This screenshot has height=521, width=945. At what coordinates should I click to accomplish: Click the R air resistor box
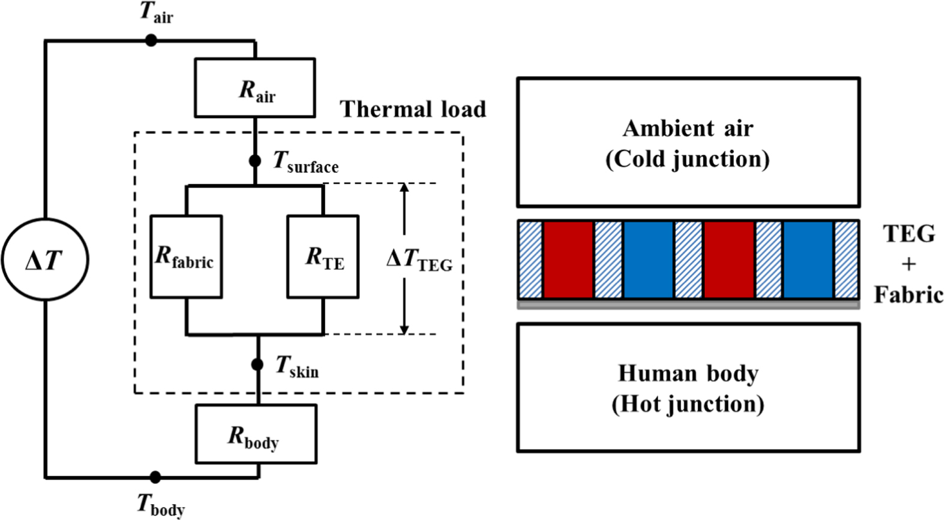pyautogui.click(x=254, y=88)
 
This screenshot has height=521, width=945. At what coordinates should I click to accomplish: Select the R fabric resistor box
pyautogui.click(x=186, y=257)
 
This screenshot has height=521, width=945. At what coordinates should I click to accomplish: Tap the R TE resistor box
pyautogui.click(x=323, y=257)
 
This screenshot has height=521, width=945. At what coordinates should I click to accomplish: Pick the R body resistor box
pyautogui.click(x=256, y=434)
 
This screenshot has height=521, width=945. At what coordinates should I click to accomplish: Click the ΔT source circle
pyautogui.click(x=45, y=260)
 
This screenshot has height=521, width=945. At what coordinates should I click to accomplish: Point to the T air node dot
pyautogui.click(x=151, y=40)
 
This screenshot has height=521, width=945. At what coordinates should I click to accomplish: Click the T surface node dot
pyautogui.click(x=255, y=161)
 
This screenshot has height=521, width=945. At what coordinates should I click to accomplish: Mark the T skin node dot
pyautogui.click(x=257, y=365)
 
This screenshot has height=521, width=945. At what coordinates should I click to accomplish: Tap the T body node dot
pyautogui.click(x=155, y=477)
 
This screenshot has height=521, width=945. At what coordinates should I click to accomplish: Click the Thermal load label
pyautogui.click(x=413, y=109)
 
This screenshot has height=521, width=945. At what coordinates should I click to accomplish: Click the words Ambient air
pyautogui.click(x=688, y=128)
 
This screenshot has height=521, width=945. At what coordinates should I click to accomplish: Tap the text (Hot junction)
pyautogui.click(x=688, y=404)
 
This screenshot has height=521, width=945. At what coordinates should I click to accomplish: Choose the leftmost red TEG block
pyautogui.click(x=568, y=260)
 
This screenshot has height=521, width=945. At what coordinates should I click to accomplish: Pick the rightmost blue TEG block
pyautogui.click(x=808, y=260)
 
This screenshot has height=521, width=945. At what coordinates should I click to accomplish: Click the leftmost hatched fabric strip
pyautogui.click(x=530, y=260)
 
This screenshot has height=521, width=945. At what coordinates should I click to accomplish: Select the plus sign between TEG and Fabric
pyautogui.click(x=908, y=264)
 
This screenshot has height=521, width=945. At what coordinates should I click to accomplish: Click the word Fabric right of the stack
pyautogui.click(x=908, y=295)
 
